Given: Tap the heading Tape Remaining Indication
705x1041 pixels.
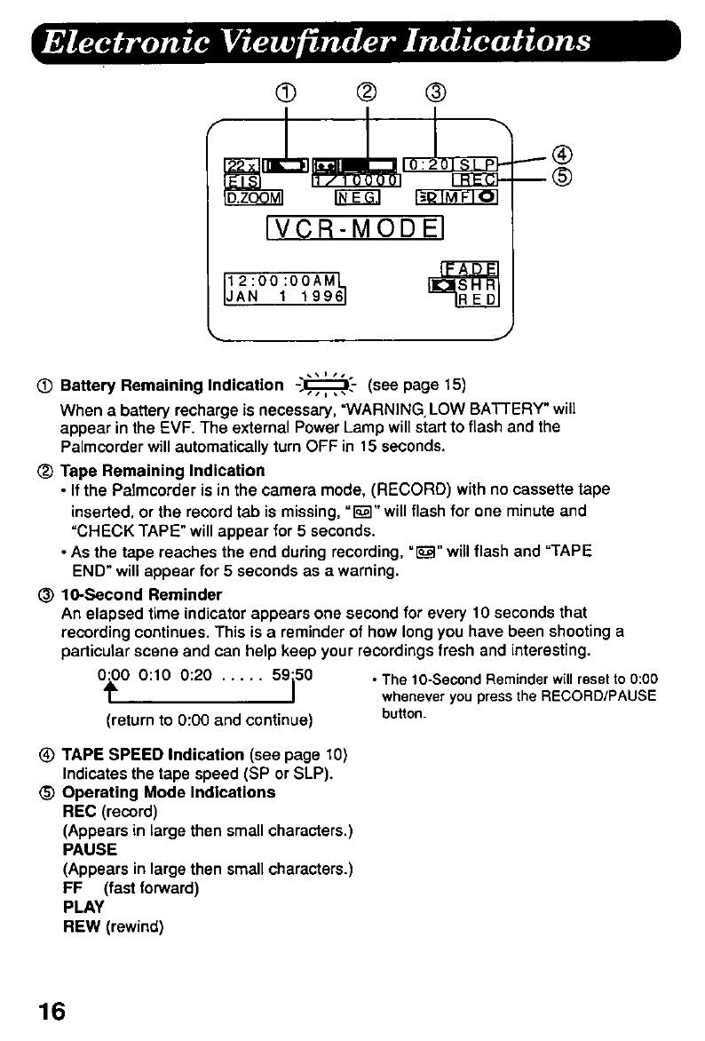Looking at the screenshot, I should pos(162,470).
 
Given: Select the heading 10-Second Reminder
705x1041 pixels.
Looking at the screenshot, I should pos(140,594).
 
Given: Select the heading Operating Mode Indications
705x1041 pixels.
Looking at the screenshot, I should pos(169,791).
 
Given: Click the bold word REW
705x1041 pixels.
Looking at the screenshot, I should pos(80,926).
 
